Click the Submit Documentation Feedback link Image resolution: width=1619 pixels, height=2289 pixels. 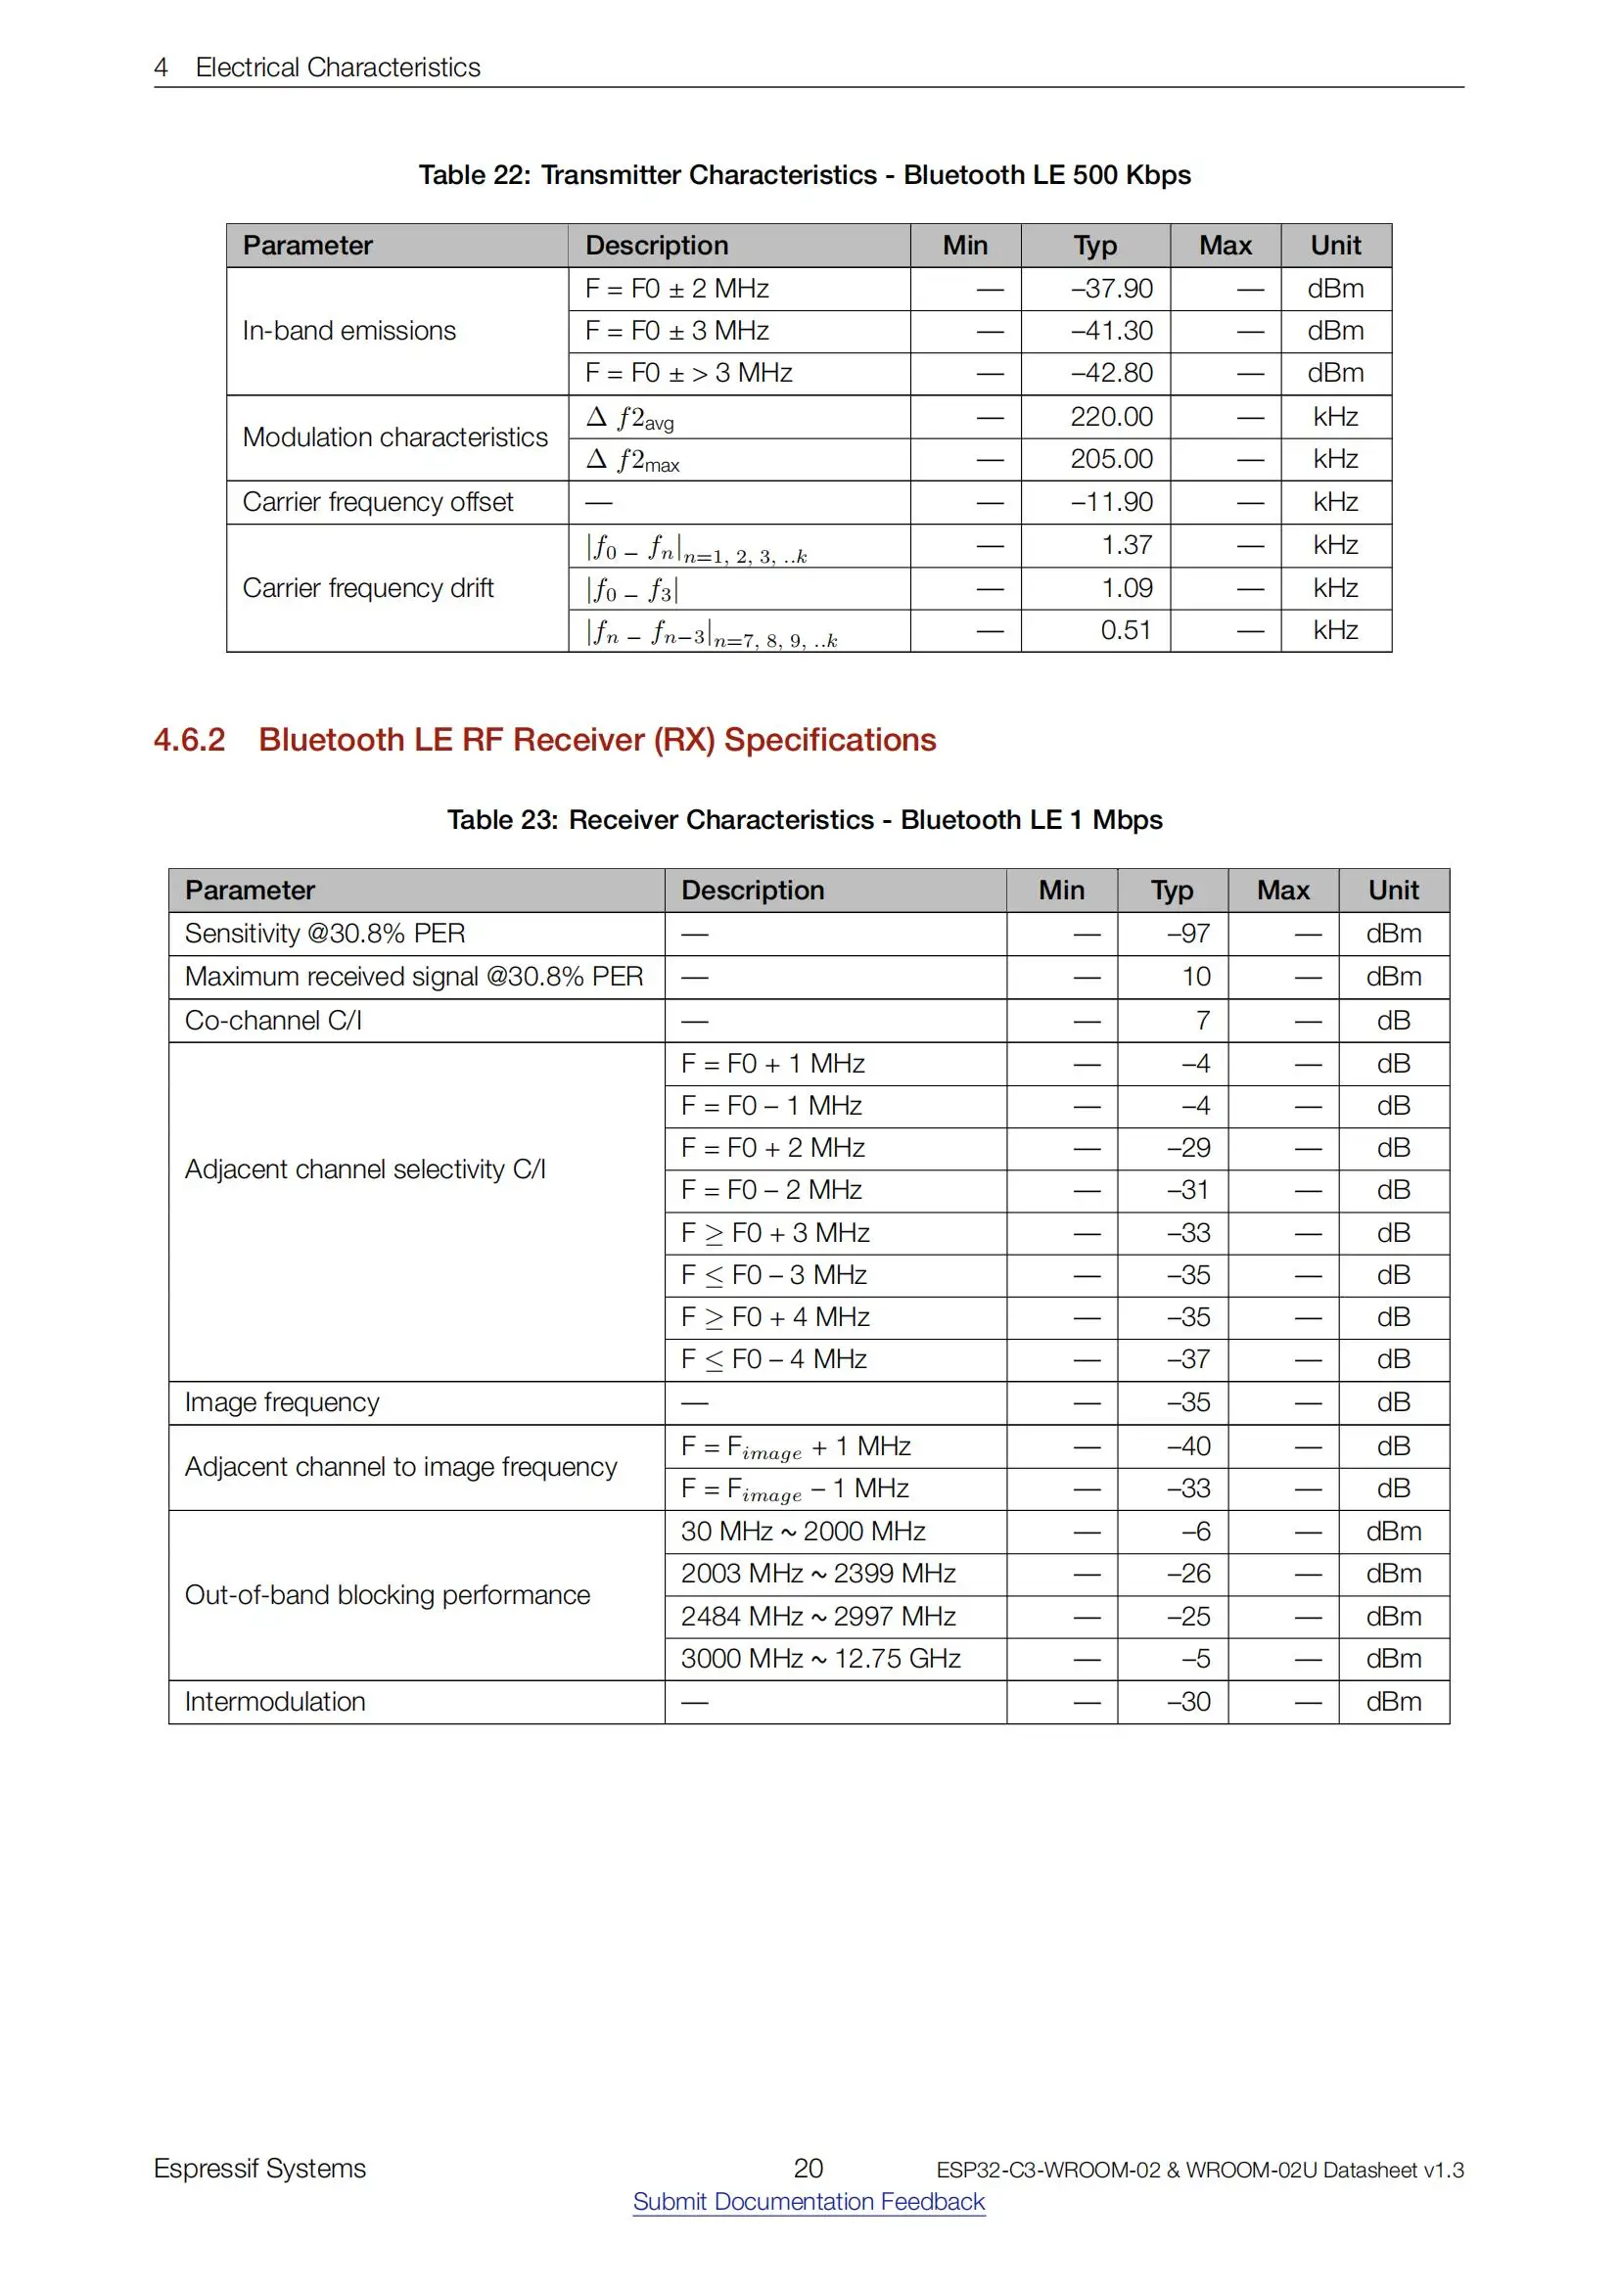pyautogui.click(x=809, y=2201)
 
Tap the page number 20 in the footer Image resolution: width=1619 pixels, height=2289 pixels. pyautogui.click(x=808, y=2169)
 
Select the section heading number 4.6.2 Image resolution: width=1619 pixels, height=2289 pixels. pyautogui.click(x=190, y=740)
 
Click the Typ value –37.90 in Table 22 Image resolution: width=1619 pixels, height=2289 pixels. pyautogui.click(x=1112, y=289)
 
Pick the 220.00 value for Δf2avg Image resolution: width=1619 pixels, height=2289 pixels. pyautogui.click(x=1112, y=417)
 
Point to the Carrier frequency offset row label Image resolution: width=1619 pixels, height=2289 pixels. pyautogui.click(x=378, y=502)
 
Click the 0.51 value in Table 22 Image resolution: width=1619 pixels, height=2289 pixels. pyautogui.click(x=1126, y=630)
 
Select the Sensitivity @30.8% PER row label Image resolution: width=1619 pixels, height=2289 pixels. pyautogui.click(x=325, y=935)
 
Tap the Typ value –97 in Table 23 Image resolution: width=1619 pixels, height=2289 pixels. pyautogui.click(x=1188, y=935)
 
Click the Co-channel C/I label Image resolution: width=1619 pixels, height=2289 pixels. pyautogui.click(x=273, y=1021)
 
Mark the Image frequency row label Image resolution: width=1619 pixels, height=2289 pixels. pyautogui.click(x=282, y=1402)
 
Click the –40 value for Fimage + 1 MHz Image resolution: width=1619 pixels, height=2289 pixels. pyautogui.click(x=1188, y=1446)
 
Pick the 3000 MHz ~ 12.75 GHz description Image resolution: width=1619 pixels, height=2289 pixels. pyautogui.click(x=820, y=1659)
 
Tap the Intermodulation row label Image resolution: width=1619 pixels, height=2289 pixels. pyautogui.click(x=275, y=1702)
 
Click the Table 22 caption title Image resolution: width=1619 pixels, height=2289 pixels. pyautogui.click(x=805, y=175)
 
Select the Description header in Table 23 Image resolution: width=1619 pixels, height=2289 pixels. pyautogui.click(x=753, y=891)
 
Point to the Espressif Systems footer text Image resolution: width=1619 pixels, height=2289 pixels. pyautogui.click(x=260, y=2170)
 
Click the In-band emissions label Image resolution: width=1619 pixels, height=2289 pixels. pyautogui.click(x=348, y=331)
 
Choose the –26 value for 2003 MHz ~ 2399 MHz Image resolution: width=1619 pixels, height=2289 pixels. pyautogui.click(x=1188, y=1575)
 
